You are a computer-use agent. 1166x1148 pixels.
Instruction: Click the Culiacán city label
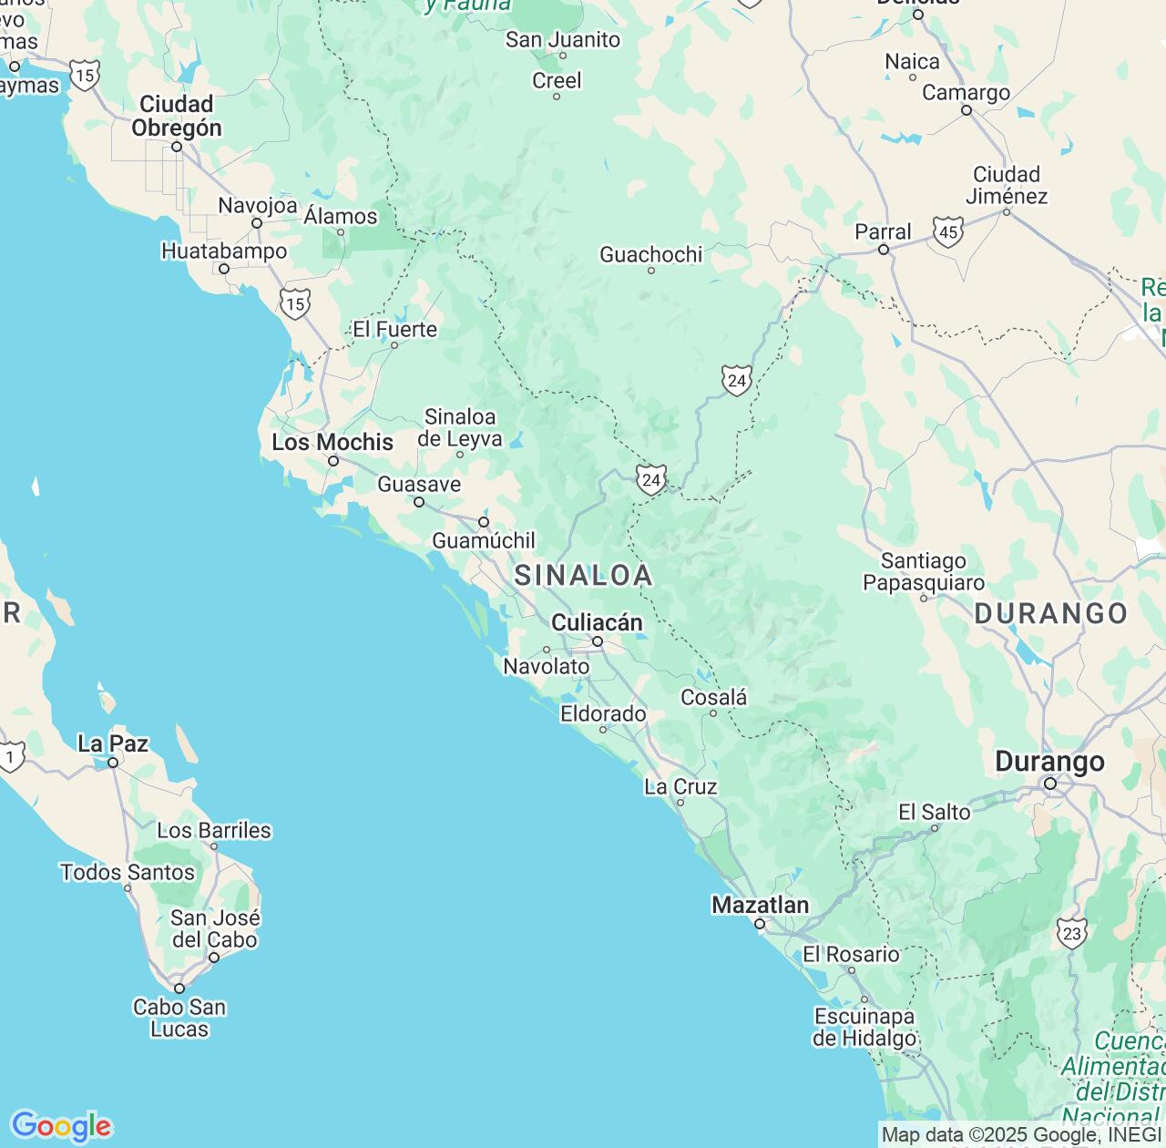coord(597,622)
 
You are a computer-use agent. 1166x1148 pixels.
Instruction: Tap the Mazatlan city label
coord(760,905)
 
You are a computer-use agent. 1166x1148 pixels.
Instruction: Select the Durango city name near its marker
coord(1049,762)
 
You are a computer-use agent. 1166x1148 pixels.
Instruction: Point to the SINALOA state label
coord(583,575)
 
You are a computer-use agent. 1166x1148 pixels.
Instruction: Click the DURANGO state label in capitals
coord(1051,613)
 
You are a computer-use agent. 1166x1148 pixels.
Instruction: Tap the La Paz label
coord(113,743)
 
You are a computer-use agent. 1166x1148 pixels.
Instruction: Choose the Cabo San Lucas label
coord(179,1018)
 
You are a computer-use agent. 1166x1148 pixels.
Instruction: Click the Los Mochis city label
coord(332,442)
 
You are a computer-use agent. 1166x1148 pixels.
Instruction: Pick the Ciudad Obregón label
coord(177,116)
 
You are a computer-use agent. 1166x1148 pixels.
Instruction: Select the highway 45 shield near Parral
coord(948,231)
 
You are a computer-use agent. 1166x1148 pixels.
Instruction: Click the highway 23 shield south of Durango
coord(1072,933)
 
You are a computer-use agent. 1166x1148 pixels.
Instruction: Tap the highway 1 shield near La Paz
coord(11,756)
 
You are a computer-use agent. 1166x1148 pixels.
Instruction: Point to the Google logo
coord(61,1126)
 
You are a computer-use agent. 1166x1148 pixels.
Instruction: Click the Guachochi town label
coord(650,254)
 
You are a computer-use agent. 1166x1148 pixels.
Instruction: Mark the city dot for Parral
coord(883,250)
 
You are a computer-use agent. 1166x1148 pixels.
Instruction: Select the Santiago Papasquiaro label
coord(924,571)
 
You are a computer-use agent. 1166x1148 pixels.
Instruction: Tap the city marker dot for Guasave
coord(419,502)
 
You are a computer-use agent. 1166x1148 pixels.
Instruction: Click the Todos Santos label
coord(128,872)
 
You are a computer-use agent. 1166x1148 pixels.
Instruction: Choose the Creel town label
coord(557,80)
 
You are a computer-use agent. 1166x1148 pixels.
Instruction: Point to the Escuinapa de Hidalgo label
coord(864,1027)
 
